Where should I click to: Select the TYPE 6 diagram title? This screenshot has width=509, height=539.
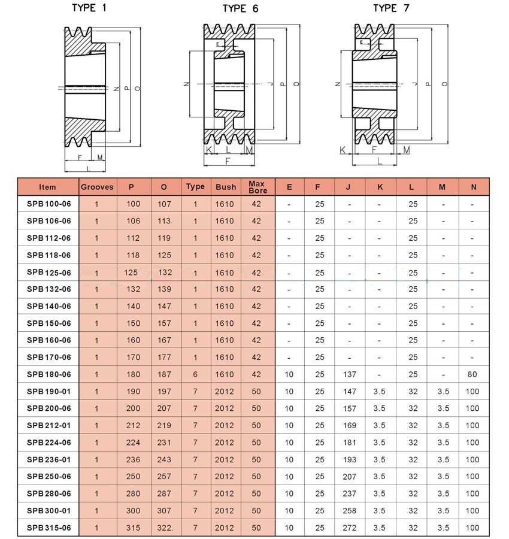point(241,8)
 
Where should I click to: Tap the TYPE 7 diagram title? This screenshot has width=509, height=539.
point(391,8)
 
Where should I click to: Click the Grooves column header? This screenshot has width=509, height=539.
point(97,187)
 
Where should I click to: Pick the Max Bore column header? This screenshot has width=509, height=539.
point(257,187)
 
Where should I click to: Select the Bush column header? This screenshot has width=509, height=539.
point(226,187)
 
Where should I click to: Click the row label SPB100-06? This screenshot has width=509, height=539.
point(49,204)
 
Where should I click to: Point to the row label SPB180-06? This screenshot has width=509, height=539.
point(49,374)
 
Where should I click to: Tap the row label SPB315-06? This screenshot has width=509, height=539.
point(49,528)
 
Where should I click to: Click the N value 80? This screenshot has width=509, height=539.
point(472,374)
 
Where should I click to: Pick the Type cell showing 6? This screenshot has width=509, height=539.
point(195,374)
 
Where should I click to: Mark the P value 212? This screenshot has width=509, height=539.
point(134,426)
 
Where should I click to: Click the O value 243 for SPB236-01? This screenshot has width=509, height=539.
point(165,460)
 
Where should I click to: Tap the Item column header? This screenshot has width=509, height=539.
point(47,187)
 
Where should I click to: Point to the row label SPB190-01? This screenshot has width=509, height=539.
point(49,392)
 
